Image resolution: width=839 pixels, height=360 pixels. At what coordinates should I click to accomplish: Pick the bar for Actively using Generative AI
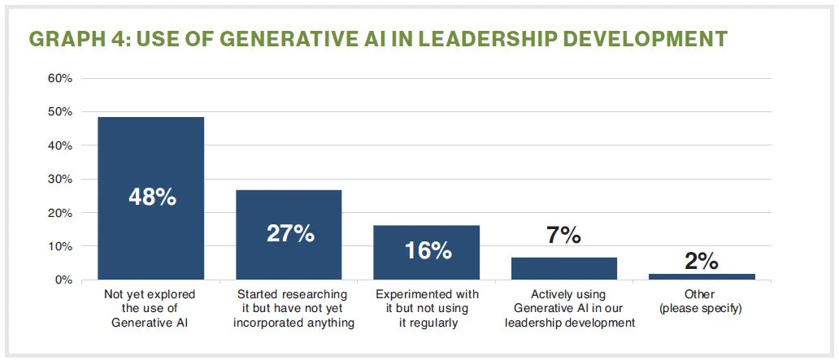click(564, 268)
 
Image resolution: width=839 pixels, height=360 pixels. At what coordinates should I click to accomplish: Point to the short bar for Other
click(702, 276)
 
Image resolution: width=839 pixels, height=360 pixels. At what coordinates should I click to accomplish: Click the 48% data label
click(152, 197)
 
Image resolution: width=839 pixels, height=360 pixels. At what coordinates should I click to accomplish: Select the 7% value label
click(564, 236)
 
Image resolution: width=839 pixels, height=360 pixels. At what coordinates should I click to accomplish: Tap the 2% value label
click(701, 261)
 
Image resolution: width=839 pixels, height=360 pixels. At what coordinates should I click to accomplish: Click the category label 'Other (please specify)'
click(702, 301)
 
